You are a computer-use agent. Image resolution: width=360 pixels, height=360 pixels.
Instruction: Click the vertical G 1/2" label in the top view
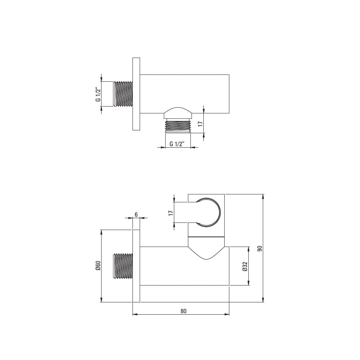tap(98, 94)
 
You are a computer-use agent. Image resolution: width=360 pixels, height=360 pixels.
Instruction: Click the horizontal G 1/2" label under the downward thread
tap(177, 144)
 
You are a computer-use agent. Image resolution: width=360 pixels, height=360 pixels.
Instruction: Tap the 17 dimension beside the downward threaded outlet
tap(201, 124)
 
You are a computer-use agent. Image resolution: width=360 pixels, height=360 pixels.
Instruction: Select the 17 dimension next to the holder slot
tap(171, 213)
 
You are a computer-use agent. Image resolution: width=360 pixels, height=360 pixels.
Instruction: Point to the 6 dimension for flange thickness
tap(136, 215)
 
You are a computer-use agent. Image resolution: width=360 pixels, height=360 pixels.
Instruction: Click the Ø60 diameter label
tap(98, 266)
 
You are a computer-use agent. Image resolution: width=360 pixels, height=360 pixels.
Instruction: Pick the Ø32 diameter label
tap(245, 266)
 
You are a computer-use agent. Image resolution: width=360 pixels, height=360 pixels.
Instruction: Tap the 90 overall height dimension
tap(260, 248)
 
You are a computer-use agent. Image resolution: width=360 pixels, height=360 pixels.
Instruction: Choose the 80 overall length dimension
tap(184, 311)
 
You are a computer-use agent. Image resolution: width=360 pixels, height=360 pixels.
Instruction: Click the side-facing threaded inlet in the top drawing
tap(123, 94)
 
